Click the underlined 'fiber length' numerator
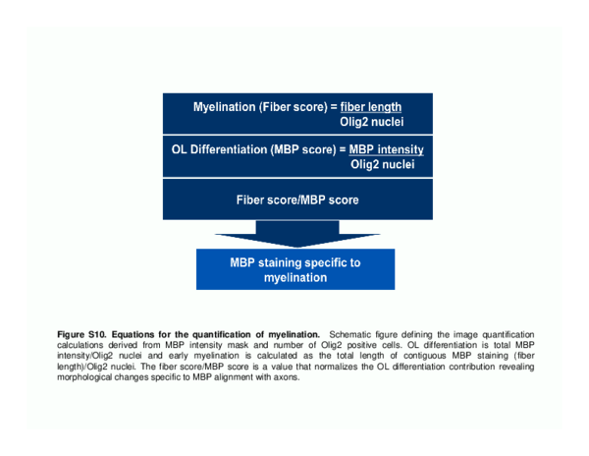[x=371, y=107]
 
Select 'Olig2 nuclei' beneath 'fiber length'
[x=371, y=122]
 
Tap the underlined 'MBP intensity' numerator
[x=386, y=149]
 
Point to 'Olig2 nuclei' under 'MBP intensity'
[x=383, y=164]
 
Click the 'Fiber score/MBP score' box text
[x=297, y=200]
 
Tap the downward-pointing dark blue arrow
[x=297, y=234]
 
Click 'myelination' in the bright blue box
[x=295, y=278]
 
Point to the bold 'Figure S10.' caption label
[x=82, y=334]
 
